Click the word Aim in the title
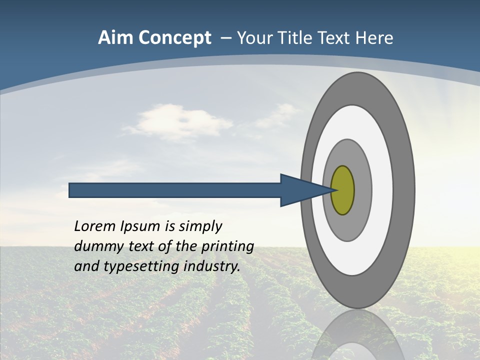115,38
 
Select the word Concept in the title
174,38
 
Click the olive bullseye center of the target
343,190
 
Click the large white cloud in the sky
172,122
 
